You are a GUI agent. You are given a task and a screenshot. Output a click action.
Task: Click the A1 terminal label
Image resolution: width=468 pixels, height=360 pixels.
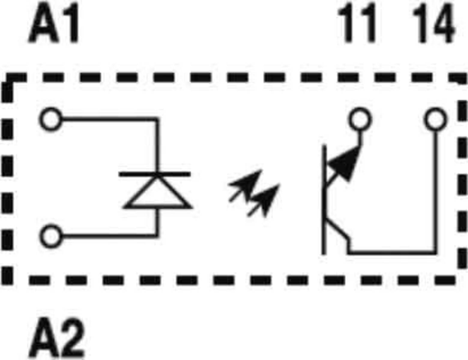click(53, 22)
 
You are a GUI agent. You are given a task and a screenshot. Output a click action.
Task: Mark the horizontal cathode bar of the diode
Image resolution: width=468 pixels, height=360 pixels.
click(155, 174)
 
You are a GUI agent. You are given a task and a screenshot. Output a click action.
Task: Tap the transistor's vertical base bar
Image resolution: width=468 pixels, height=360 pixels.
click(324, 200)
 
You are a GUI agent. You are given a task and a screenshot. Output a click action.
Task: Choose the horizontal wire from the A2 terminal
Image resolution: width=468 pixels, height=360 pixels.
click(110, 237)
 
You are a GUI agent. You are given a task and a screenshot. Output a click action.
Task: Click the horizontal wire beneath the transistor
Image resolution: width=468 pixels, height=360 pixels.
click(392, 252)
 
